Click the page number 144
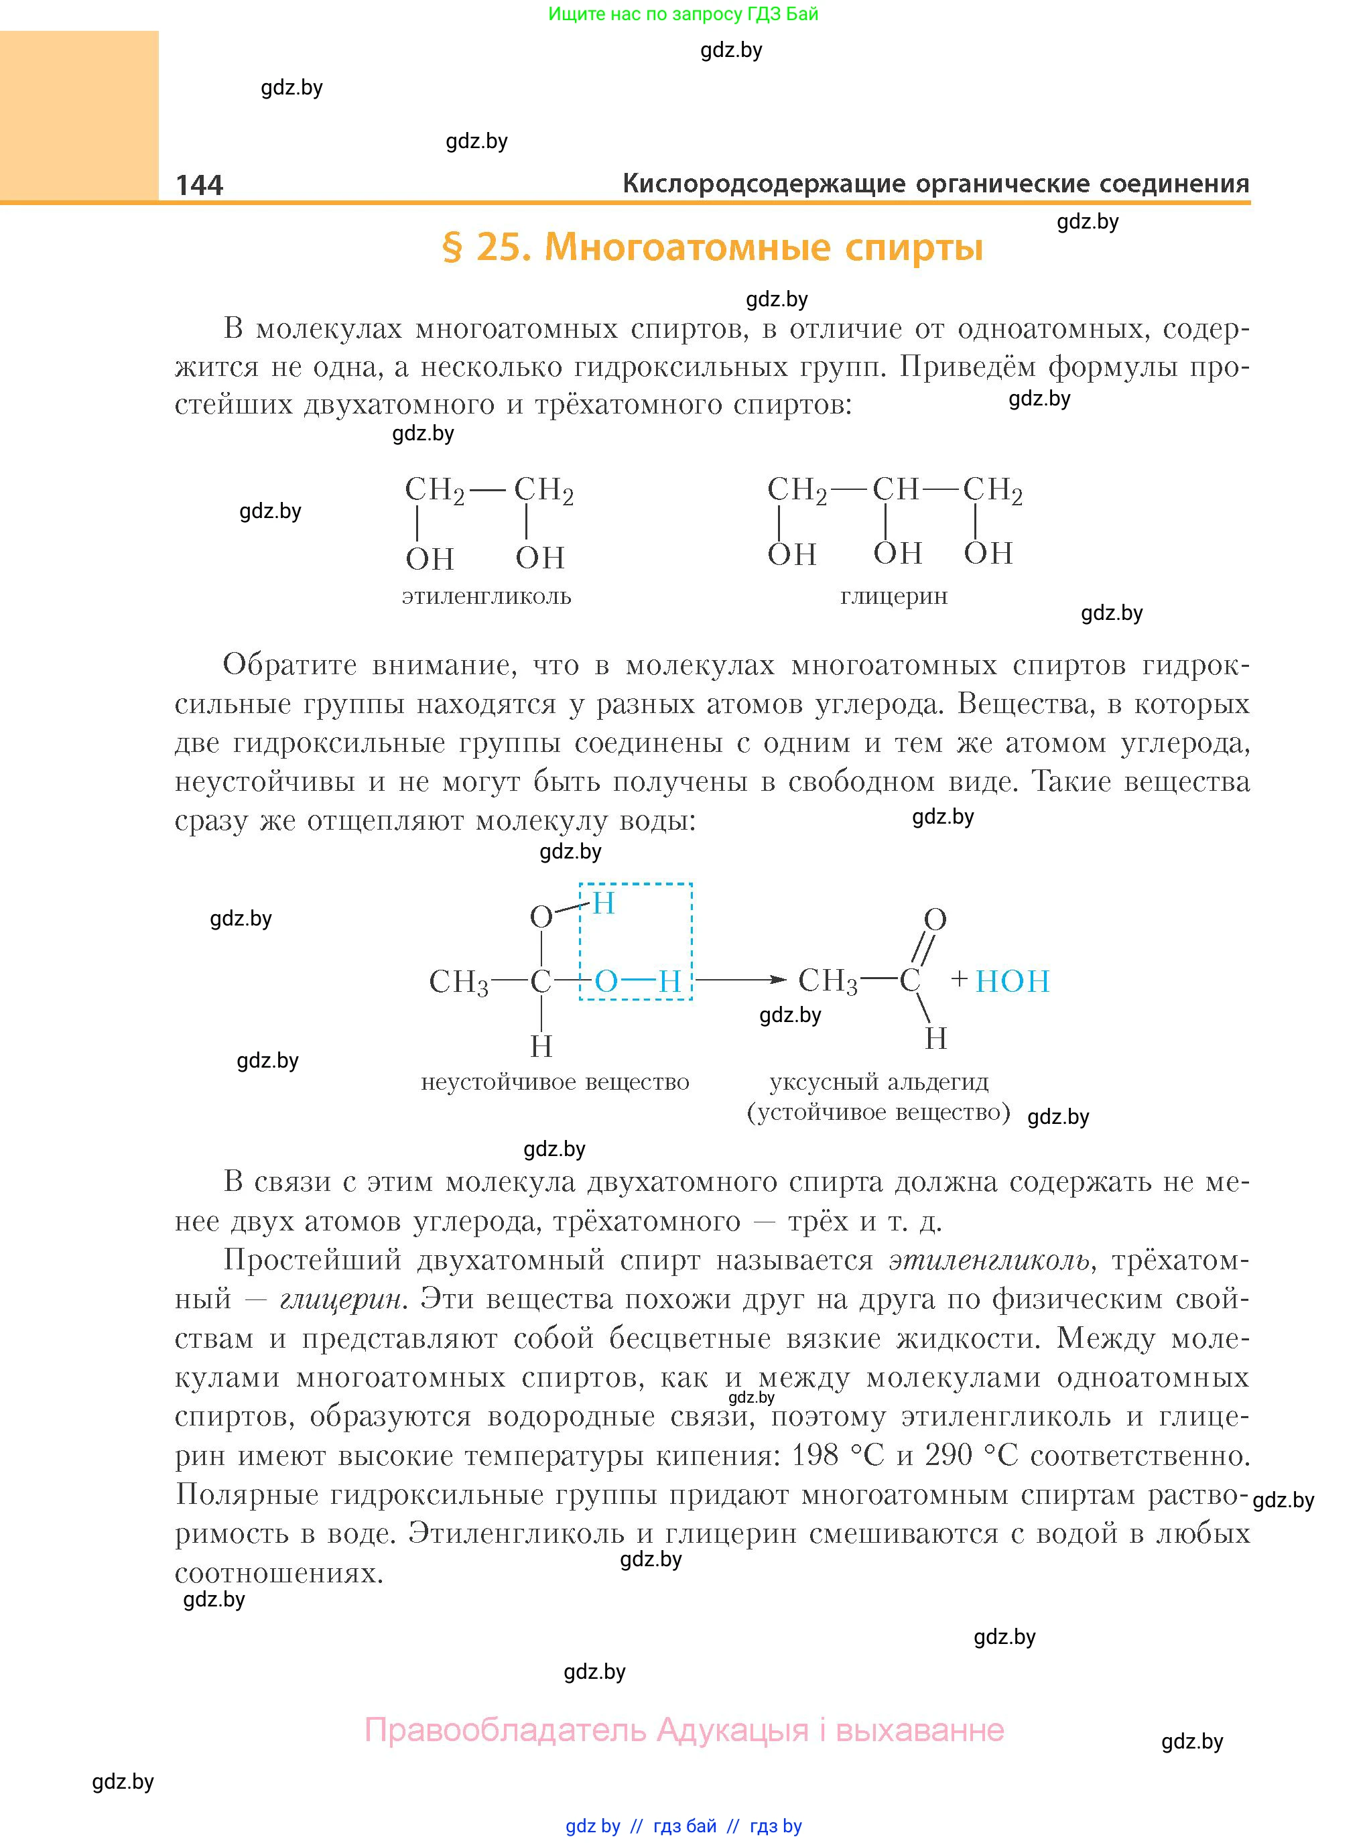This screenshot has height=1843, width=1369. coord(200,185)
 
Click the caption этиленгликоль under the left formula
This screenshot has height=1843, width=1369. coord(486,596)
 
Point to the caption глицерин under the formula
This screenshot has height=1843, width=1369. coord(893,596)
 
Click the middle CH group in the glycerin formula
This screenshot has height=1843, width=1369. coord(895,490)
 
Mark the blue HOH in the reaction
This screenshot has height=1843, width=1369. coord(1012,981)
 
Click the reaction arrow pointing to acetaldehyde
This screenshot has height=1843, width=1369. coord(740,980)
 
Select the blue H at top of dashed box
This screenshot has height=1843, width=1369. coord(603,903)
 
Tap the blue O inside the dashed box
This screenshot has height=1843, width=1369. coord(606,981)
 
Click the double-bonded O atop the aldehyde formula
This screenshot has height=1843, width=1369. coord(935,919)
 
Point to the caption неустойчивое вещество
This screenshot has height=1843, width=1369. coord(556,1082)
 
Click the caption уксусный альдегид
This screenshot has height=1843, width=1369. coord(879,1082)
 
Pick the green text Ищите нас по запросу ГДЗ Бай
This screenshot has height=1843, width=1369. coord(683,14)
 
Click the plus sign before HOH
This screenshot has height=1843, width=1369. coord(960,980)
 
